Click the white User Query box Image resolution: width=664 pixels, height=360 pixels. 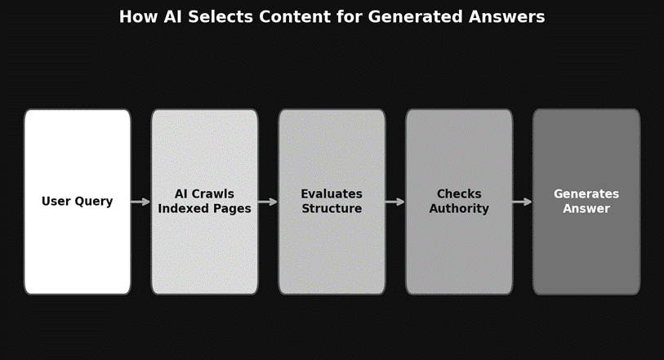coord(78,245)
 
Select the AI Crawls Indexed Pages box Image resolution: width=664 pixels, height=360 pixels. coord(204,253)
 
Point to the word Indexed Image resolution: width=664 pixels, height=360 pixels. coord(185,209)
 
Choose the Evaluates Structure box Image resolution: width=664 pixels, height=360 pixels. coord(332,253)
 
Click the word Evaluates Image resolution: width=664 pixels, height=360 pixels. coord(332,194)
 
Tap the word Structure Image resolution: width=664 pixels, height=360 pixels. coord(332,209)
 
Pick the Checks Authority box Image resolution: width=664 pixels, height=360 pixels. coord(459,253)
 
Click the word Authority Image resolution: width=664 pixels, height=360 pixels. coord(459,209)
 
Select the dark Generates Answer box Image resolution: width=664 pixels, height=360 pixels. coord(586,253)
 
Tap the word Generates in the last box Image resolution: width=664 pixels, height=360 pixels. coord(586,194)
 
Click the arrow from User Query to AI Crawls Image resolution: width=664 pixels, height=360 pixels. coord(140,202)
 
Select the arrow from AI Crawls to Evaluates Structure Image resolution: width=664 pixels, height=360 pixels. coord(268,202)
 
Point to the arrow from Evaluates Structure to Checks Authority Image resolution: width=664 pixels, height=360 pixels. coord(395,202)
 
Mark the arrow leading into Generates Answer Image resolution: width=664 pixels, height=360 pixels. coord(523,202)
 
